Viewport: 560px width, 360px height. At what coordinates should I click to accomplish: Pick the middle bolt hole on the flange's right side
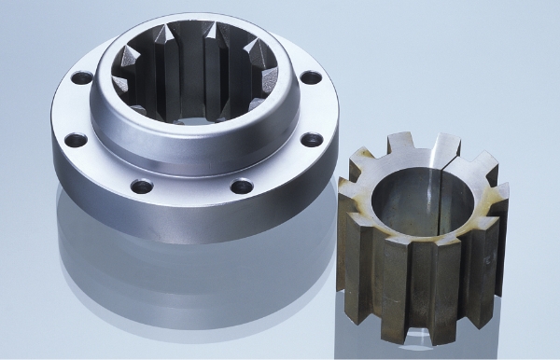coord(312,140)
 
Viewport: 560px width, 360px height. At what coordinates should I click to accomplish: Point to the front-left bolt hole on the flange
coord(141,186)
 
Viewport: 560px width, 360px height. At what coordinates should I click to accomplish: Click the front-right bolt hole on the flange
coord(241,185)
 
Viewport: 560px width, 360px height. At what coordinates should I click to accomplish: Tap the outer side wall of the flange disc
coord(187,224)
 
